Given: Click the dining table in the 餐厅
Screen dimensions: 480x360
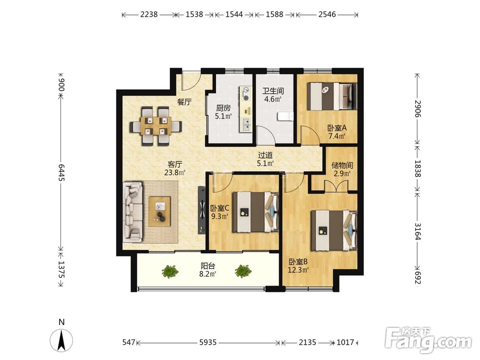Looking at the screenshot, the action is pyautogui.click(x=156, y=126).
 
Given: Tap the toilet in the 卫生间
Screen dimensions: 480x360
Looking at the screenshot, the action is pyautogui.click(x=285, y=117).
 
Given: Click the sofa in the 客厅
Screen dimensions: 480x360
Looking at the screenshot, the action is pyautogui.click(x=133, y=212).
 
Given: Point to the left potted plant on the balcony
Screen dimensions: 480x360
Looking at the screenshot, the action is pyautogui.click(x=170, y=271).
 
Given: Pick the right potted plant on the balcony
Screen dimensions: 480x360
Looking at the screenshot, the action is pyautogui.click(x=243, y=271).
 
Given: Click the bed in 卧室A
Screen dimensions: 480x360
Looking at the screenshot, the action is pyautogui.click(x=332, y=96).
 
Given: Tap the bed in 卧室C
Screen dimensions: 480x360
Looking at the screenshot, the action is pyautogui.click(x=255, y=212).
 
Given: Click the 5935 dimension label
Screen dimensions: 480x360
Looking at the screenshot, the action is pyautogui.click(x=208, y=342).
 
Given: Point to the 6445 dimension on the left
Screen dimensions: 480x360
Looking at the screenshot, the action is pyautogui.click(x=61, y=172).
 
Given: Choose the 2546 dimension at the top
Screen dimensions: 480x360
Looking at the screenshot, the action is pyautogui.click(x=327, y=14).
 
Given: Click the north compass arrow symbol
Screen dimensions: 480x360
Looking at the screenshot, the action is pyautogui.click(x=61, y=340).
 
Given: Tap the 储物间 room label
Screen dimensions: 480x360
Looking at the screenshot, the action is pyautogui.click(x=342, y=166).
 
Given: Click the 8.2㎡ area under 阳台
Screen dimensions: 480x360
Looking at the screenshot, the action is pyautogui.click(x=208, y=274).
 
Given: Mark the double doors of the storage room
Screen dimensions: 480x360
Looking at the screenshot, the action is pyautogui.click(x=336, y=186).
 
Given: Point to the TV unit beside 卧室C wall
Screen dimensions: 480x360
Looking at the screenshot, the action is pyautogui.click(x=202, y=210).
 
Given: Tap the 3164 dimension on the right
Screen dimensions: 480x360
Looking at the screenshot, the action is pyautogui.click(x=418, y=231).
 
